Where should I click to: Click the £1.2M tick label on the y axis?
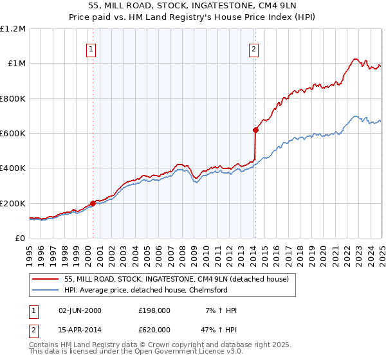tap(13, 29)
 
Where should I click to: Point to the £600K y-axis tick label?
tap(13, 134)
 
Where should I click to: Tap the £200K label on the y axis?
tap(13, 203)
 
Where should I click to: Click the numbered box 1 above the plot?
tap(91, 49)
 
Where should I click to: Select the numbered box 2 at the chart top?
tap(253, 49)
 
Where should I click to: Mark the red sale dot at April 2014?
tap(255, 130)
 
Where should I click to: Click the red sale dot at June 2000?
tap(93, 203)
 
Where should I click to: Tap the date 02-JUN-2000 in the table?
tap(80, 310)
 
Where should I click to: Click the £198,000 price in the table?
tap(154, 310)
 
